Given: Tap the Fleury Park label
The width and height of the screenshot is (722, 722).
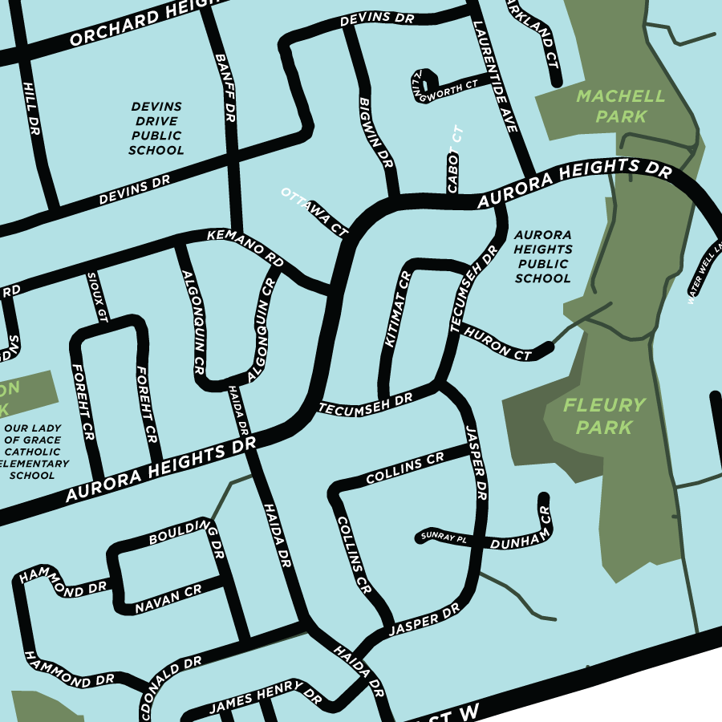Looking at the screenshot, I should pos(603,416).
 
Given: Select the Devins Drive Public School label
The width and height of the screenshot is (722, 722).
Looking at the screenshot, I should pos(156,128).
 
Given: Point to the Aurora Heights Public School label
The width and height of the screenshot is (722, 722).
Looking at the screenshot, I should pos(543,257).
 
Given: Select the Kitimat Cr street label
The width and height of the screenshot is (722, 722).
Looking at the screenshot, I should pos(397,309).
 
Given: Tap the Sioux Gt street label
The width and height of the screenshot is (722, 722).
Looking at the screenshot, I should pos(95,297).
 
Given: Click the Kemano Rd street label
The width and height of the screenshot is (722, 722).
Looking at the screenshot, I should pos(245,248).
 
